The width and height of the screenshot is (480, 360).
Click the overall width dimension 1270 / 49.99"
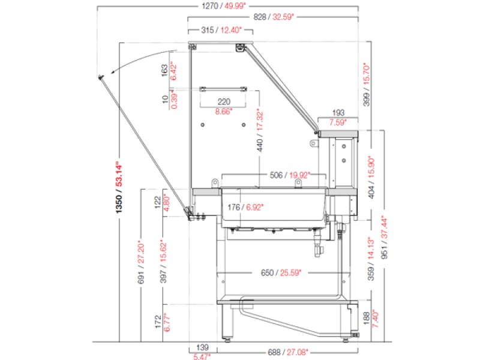click(224, 5)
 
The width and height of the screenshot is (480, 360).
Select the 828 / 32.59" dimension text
click(274, 17)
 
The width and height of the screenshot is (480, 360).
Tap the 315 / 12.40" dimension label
click(221, 30)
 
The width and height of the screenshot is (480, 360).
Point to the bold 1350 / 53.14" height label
click(119, 187)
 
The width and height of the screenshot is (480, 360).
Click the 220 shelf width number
click(224, 101)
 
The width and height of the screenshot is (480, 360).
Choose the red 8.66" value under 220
click(224, 112)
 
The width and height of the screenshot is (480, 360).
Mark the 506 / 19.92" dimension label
click(290, 175)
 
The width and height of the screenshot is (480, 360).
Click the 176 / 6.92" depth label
click(245, 207)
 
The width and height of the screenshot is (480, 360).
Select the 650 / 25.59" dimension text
click(281, 272)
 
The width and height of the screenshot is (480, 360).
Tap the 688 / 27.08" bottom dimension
click(288, 352)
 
